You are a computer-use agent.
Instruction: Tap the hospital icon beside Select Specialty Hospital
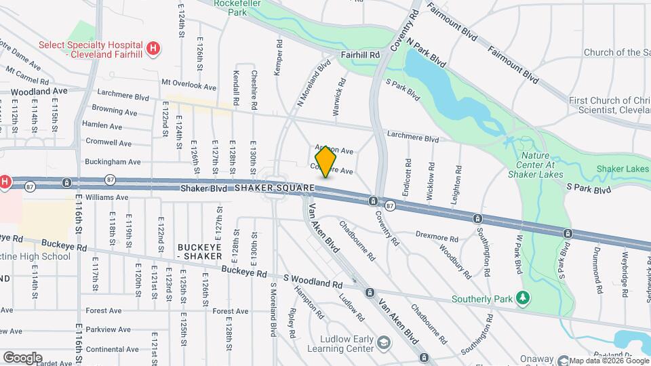[x=154, y=48]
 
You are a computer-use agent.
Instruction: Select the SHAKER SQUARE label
[x=275, y=188]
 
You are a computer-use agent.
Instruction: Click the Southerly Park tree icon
[x=522, y=298]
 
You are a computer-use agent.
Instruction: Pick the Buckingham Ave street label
[x=113, y=162]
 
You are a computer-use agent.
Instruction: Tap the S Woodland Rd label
[x=313, y=279]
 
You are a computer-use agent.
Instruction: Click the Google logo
[x=22, y=357]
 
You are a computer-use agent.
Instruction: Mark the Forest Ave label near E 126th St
[x=230, y=311]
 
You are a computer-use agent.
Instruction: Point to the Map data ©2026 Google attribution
[x=608, y=361]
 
